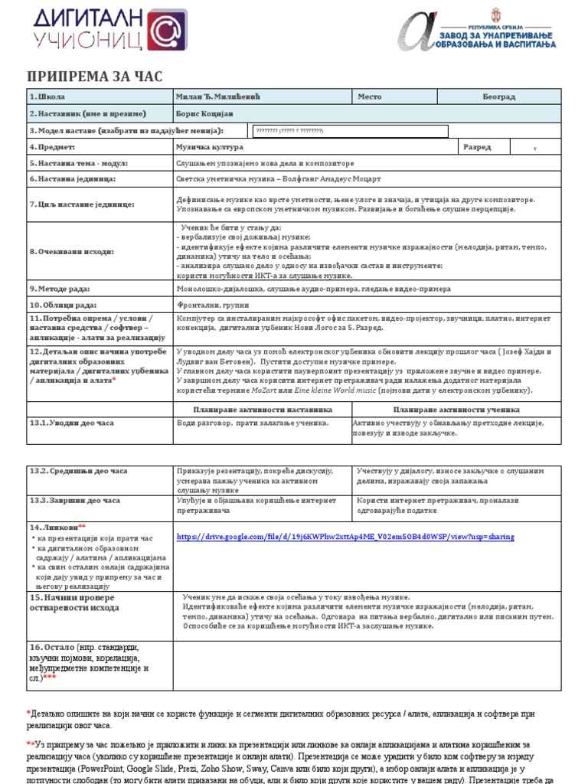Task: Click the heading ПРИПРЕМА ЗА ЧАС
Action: click(95, 76)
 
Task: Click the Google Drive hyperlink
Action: click(345, 537)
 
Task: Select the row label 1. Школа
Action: click(47, 97)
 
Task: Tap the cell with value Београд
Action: click(498, 97)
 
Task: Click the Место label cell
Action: click(370, 97)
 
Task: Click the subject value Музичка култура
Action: click(210, 147)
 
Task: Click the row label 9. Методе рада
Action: click(60, 289)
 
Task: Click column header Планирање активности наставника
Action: click(262, 410)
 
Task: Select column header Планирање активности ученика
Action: click(456, 410)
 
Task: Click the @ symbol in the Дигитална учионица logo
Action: click(166, 31)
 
